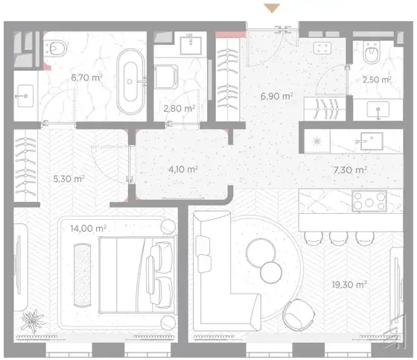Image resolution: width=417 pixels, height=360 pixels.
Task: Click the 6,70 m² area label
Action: click(x=86, y=78)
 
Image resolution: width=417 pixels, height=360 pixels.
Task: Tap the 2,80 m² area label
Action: click(x=179, y=108)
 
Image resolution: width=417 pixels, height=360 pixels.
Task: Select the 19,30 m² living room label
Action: click(x=349, y=285)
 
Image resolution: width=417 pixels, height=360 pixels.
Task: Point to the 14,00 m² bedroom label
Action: click(x=89, y=228)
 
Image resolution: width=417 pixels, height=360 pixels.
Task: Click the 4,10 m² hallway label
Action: click(x=183, y=169)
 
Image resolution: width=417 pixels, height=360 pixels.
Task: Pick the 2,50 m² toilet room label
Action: click(x=377, y=79)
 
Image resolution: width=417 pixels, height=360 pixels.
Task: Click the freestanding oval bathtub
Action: click(x=130, y=81)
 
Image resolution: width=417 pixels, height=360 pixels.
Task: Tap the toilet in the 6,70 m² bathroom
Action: click(x=55, y=48)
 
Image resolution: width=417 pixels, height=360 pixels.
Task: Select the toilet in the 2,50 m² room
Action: click(x=372, y=53)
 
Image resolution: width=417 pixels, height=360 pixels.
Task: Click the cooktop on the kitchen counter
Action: click(x=369, y=201)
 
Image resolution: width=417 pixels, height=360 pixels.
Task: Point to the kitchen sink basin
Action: click(x=372, y=141)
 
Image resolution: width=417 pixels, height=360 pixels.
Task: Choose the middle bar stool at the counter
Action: click(x=338, y=238)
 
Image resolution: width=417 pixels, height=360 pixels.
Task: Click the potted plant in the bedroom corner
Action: click(x=33, y=320)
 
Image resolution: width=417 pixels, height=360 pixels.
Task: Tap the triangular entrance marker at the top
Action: click(x=272, y=8)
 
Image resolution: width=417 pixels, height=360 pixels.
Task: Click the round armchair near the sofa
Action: click(x=299, y=315)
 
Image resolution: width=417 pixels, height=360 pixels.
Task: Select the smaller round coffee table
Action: click(x=271, y=272)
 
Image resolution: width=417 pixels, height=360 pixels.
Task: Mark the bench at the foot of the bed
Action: click(x=83, y=275)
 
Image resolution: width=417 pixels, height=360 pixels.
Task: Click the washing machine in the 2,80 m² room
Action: click(x=166, y=77)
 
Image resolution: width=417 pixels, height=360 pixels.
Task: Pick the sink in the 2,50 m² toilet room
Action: click(x=378, y=109)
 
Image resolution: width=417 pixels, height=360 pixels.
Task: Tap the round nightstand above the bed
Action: click(x=168, y=227)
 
